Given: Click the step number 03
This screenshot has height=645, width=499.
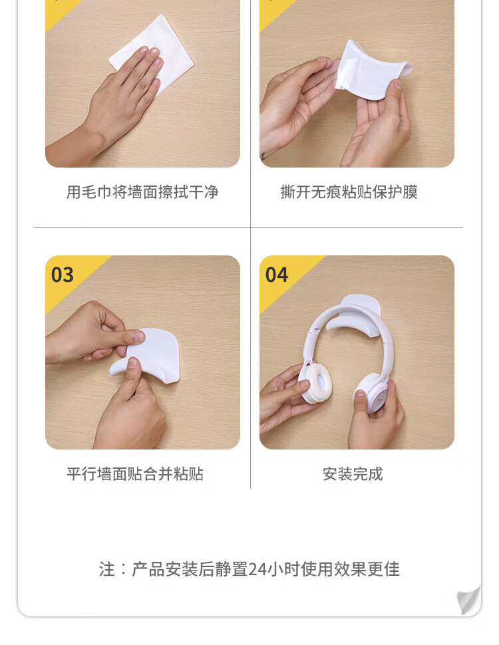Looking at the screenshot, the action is click(x=62, y=275).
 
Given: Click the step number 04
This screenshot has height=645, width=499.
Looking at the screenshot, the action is click(x=276, y=275).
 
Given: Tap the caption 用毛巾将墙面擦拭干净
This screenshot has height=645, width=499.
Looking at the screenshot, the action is click(x=142, y=192).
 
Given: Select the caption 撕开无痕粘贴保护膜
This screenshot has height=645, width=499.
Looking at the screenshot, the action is click(x=349, y=192).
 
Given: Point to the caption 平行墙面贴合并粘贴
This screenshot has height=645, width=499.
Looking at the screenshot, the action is click(x=135, y=474).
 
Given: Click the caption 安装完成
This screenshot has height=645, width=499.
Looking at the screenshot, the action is click(x=353, y=474).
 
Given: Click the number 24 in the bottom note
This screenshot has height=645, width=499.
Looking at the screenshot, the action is click(x=257, y=569).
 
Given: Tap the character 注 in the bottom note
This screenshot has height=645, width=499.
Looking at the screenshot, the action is click(x=106, y=569).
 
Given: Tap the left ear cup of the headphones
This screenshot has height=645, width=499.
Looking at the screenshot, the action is click(x=315, y=383).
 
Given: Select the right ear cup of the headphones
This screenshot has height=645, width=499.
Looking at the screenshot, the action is click(x=371, y=392).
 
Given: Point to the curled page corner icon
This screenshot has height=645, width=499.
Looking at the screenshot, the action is click(x=468, y=600).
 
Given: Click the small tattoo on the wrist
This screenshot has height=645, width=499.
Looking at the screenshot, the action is click(x=263, y=156).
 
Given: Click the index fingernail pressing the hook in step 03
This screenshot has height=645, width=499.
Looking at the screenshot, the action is click(x=139, y=337).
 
